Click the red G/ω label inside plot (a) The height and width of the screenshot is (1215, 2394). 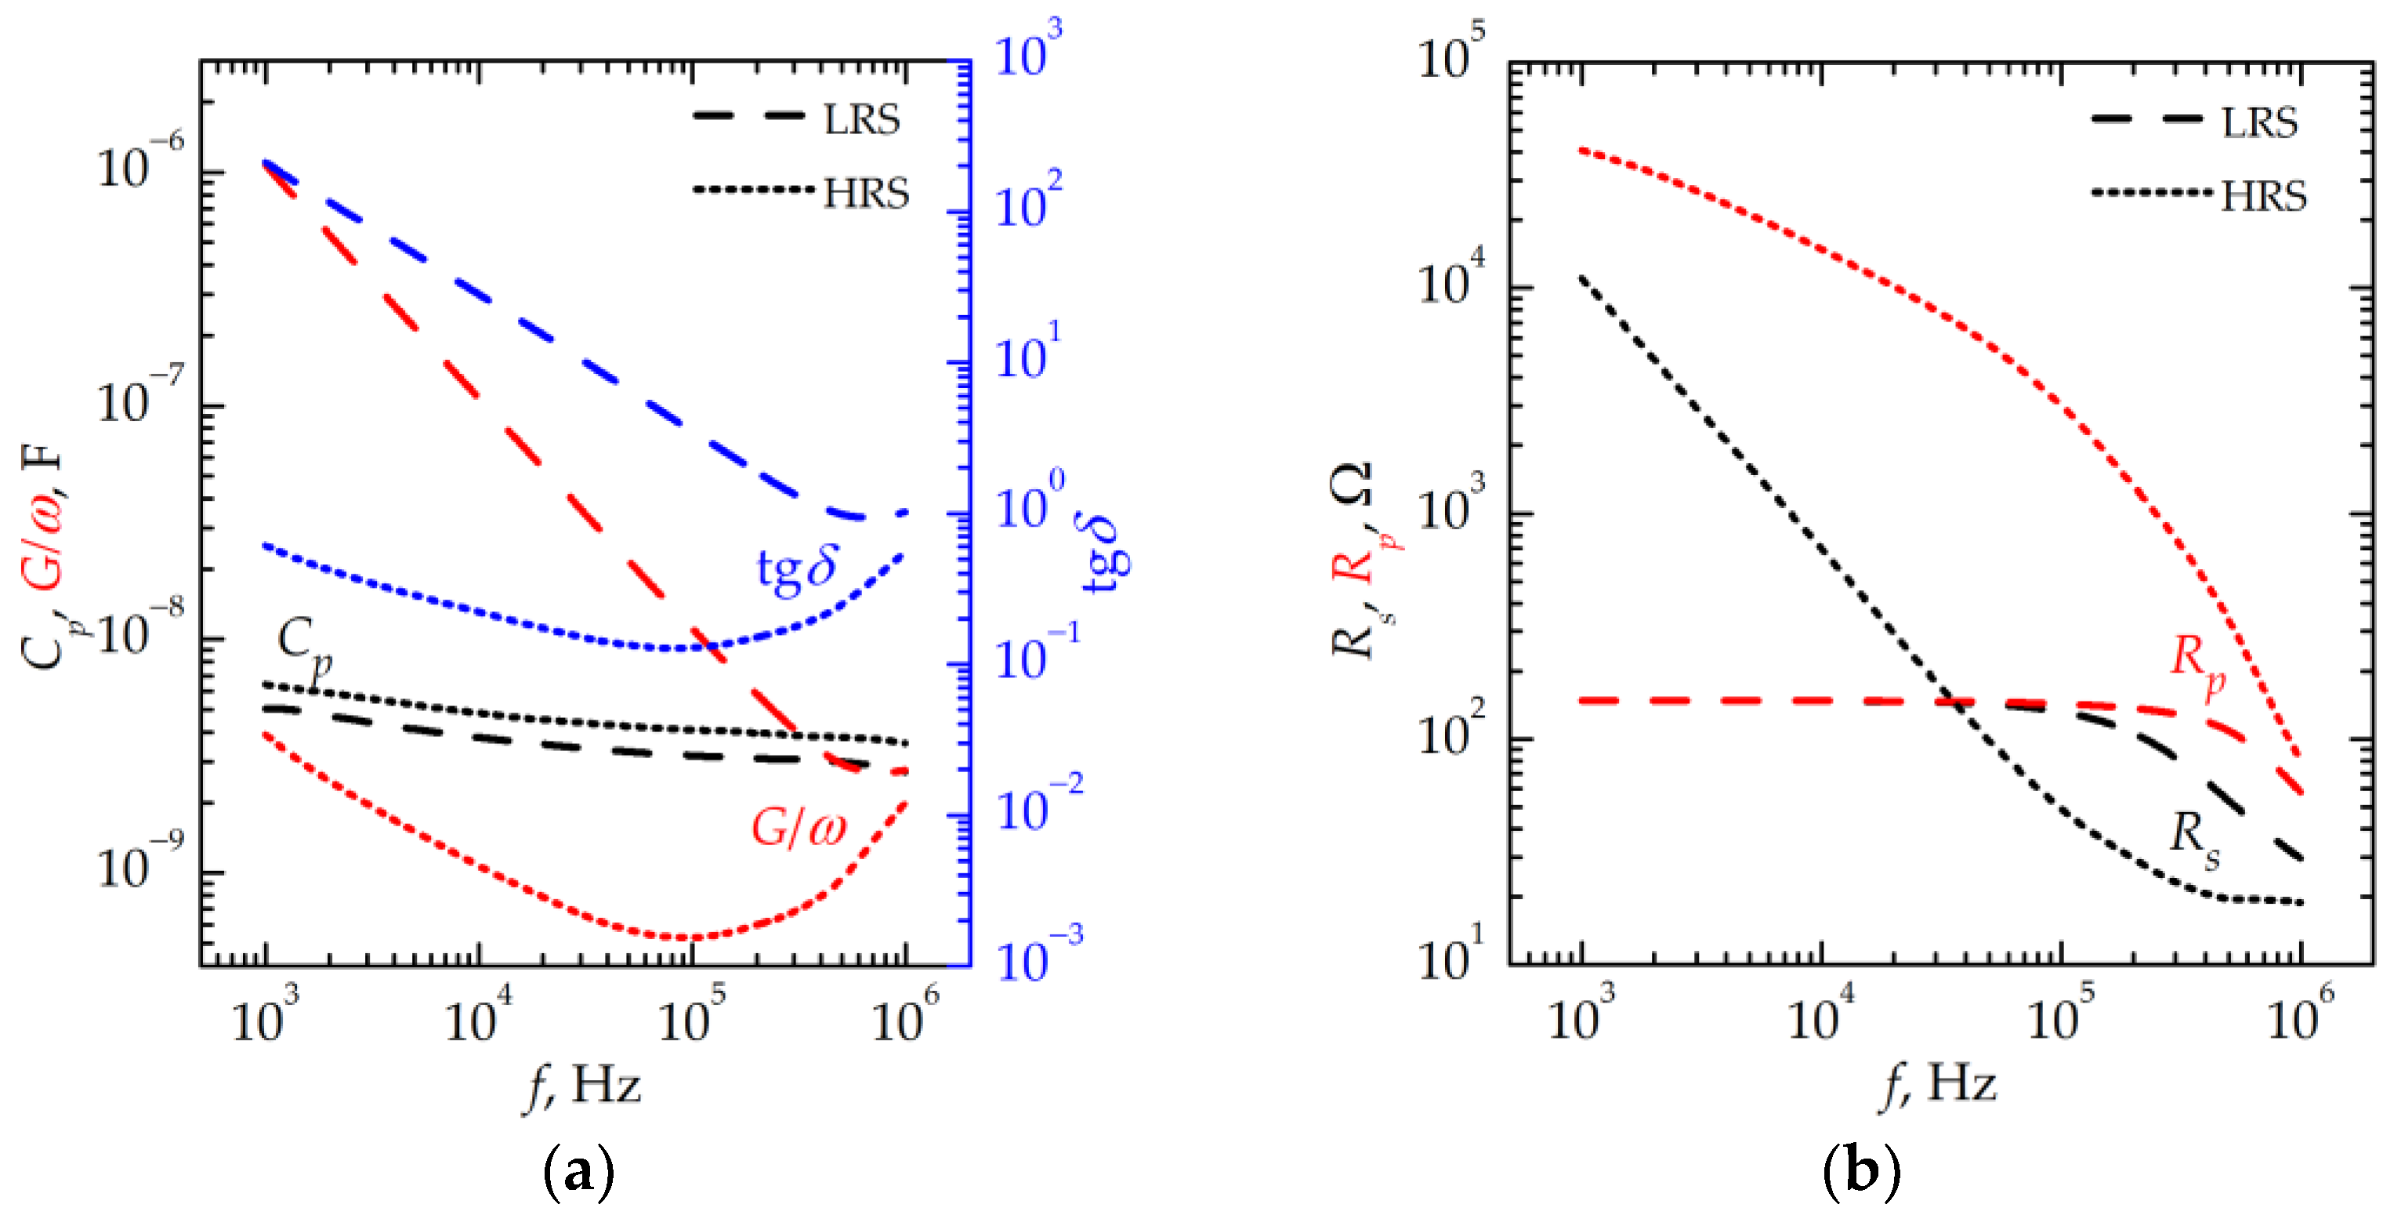[799, 826]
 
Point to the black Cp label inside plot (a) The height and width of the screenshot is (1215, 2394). [305, 644]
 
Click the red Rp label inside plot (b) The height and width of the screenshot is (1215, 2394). [2198, 661]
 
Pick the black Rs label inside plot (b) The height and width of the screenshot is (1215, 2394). [2195, 836]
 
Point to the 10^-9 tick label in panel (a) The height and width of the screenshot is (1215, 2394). [140, 865]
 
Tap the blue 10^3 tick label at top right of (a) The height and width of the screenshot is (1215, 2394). [1027, 49]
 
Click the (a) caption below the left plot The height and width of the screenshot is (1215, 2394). [578, 1171]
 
